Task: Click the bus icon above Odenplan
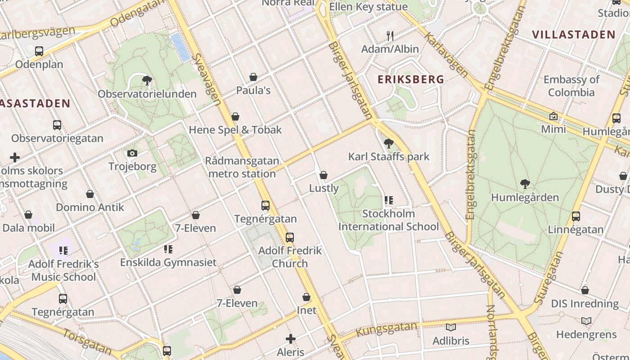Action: [39, 51]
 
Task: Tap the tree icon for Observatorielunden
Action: [147, 81]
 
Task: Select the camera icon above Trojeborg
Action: [132, 153]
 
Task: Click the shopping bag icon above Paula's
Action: [253, 77]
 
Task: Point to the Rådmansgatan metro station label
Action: [242, 167]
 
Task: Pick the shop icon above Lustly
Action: [323, 175]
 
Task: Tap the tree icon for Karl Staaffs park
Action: [388, 144]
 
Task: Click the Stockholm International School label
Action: [388, 220]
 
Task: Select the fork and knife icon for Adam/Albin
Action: [390, 36]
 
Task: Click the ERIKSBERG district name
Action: [411, 80]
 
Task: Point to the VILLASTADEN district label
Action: [573, 35]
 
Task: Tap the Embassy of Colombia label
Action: [571, 86]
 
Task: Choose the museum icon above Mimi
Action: [553, 117]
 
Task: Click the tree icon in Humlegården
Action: [525, 184]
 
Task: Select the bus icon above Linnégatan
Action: [576, 216]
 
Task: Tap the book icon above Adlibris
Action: [450, 328]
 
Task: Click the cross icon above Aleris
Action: [291, 339]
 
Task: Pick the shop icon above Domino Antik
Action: [90, 194]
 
